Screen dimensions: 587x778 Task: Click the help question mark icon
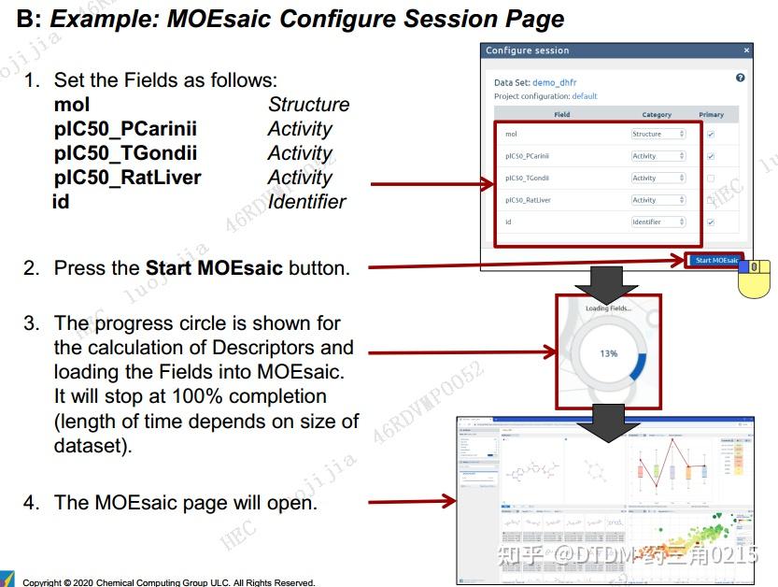[x=740, y=79]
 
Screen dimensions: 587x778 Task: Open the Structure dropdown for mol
[x=658, y=134]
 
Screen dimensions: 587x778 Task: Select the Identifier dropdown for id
[x=658, y=222]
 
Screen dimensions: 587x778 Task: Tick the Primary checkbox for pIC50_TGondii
[x=711, y=178]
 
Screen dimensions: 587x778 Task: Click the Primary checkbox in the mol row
[x=711, y=134]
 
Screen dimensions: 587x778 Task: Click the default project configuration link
[x=585, y=96]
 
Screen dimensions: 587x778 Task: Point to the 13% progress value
[x=608, y=353]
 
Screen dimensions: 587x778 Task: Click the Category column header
[x=657, y=115]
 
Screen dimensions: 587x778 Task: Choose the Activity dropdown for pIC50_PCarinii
[x=658, y=156]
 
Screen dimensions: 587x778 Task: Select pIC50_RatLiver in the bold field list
[x=128, y=178]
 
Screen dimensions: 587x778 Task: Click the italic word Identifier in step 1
[x=306, y=201]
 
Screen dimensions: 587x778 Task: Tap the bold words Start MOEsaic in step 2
[x=214, y=268]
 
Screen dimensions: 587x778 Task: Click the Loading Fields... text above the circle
[x=608, y=308]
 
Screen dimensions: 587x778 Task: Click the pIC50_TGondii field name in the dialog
[x=527, y=178]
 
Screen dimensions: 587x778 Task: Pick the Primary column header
[x=711, y=115]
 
